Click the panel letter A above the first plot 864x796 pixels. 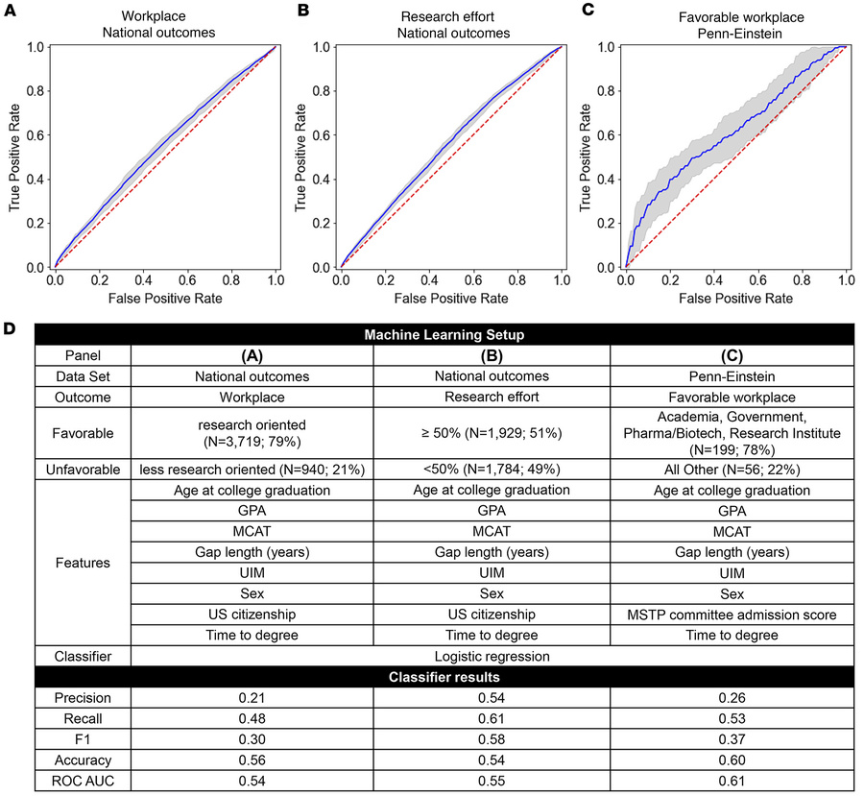(x=10, y=11)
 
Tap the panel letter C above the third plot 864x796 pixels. (x=585, y=11)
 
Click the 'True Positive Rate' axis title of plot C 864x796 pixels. (x=588, y=157)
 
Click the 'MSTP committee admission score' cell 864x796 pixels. (x=734, y=614)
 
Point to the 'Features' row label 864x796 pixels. (x=82, y=562)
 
